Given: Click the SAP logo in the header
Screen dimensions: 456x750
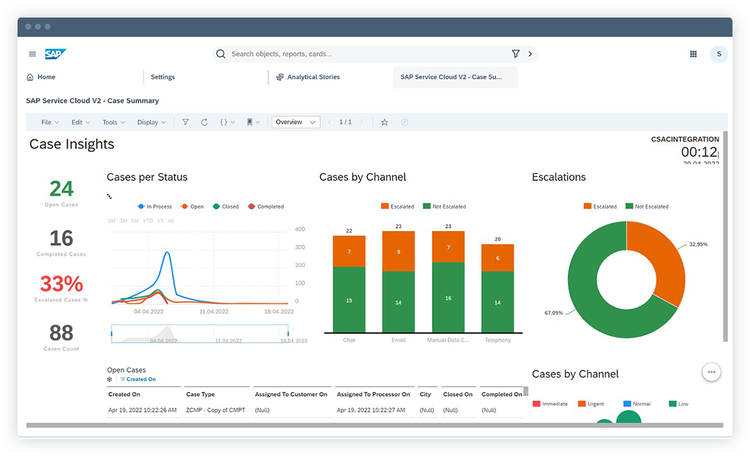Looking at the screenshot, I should tap(55, 54).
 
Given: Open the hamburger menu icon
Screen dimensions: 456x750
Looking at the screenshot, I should tap(32, 54).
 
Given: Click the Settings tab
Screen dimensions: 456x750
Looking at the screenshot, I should tap(162, 77).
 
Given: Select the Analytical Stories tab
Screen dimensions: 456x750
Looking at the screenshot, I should tap(312, 77).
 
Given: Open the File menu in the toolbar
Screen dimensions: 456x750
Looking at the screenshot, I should tap(50, 122).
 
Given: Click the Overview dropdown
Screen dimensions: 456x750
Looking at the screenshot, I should tap(296, 122).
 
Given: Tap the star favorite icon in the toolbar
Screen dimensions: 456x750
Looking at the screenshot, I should tap(384, 122).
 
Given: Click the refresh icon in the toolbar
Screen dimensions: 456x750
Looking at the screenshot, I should tap(204, 122).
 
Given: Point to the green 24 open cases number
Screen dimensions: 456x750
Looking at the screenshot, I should tap(61, 189).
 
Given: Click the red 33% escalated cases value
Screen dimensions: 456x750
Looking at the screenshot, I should tap(61, 284).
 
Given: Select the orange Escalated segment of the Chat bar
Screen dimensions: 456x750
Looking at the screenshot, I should tap(349, 251).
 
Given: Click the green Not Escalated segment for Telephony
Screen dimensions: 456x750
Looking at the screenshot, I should tap(498, 302).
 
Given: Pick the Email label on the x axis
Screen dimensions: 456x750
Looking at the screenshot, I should tap(398, 340).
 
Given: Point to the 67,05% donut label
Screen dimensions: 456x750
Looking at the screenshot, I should tap(553, 313).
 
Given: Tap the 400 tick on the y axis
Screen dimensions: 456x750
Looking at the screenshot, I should tap(300, 229).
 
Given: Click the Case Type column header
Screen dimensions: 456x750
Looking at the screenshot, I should tap(200, 395).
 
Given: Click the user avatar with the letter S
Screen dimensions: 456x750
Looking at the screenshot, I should tap(718, 54).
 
